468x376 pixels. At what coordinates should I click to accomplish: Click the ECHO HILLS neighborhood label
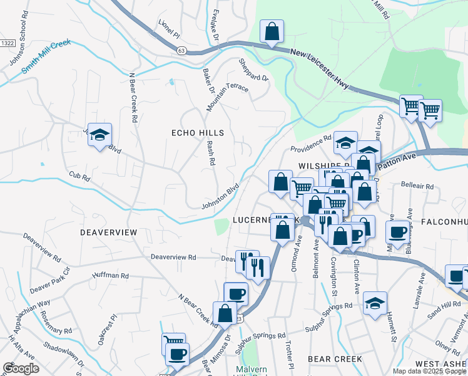coord(198,133)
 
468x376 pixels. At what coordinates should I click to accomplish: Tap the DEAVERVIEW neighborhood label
coord(108,232)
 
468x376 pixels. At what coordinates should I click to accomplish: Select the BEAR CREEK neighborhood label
coord(335,359)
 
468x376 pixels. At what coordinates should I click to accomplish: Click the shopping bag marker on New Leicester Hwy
coord(272,32)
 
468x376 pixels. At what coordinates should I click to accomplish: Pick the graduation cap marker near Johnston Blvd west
coord(99,135)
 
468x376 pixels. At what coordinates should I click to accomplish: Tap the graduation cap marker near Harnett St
coord(375,304)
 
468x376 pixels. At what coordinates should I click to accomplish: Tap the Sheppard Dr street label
coord(253,70)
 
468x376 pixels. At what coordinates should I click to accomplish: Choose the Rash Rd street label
coord(211,153)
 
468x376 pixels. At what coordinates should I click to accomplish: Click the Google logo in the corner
coord(20,368)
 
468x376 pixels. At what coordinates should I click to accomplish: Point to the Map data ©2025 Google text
coord(429,371)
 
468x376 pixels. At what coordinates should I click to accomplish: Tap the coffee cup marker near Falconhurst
coord(397,232)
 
